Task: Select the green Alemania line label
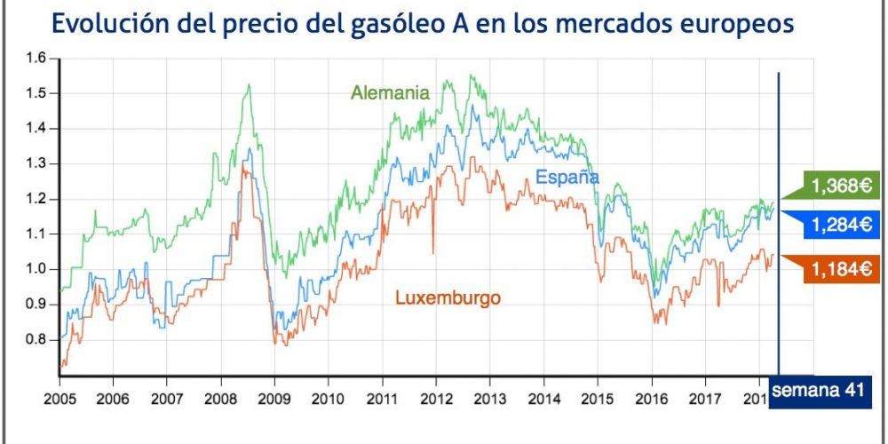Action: coord(390,92)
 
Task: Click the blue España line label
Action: coord(567,178)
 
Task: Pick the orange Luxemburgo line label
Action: coord(447,298)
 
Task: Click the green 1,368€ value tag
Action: coord(838,186)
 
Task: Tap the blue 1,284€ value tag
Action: coord(838,226)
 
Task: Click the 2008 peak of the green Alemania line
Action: coord(248,85)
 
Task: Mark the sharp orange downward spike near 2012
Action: coord(433,251)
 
